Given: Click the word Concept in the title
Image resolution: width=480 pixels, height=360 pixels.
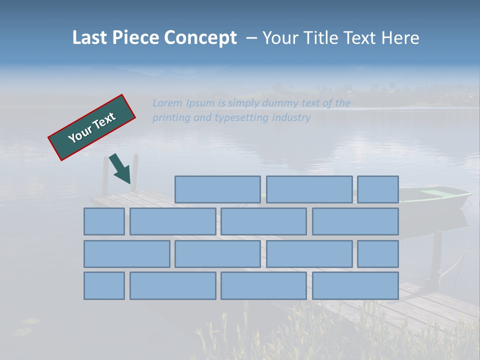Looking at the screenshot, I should click(201, 38).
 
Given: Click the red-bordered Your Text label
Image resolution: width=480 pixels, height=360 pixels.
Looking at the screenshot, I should click(92, 127).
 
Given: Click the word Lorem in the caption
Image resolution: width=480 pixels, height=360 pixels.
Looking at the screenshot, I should click(167, 103).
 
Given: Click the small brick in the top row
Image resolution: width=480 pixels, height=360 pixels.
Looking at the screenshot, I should click(378, 189).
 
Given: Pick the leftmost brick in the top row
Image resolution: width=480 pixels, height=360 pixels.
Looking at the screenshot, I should click(217, 189).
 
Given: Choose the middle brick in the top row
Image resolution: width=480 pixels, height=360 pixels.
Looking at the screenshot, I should click(309, 189).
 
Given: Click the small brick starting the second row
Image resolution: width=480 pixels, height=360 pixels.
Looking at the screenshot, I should click(104, 221).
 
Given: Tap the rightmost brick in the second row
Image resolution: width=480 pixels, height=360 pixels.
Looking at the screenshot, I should click(355, 221).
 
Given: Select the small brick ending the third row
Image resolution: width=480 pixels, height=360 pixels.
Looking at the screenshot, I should click(378, 254).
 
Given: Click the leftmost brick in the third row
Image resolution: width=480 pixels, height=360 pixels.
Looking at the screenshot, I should click(126, 254).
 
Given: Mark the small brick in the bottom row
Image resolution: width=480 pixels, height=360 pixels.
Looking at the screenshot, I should click(104, 286).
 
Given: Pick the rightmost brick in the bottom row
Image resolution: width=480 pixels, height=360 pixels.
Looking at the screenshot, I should click(355, 286).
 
